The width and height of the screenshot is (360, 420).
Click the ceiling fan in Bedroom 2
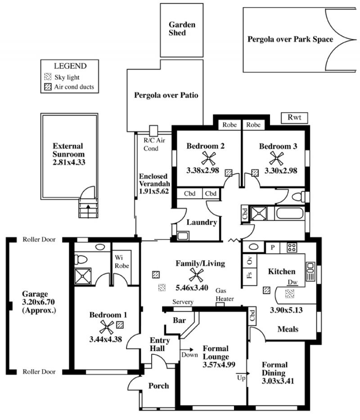pyautogui.click(x=208, y=158)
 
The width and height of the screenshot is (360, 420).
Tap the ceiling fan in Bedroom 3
pyautogui.click(x=276, y=158)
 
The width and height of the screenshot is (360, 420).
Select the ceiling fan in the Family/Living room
pyautogui.click(x=196, y=275)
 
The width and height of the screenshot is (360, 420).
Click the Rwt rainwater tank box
pyautogui.click(x=294, y=117)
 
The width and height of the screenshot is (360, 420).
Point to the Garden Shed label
pyautogui.click(x=182, y=29)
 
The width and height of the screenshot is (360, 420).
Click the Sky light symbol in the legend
pyautogui.click(x=48, y=77)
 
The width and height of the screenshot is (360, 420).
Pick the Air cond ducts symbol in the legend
pyautogui.click(x=48, y=87)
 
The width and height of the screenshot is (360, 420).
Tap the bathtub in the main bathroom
pyautogui.click(x=290, y=214)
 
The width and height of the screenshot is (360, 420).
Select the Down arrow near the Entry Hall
pyautogui.click(x=187, y=349)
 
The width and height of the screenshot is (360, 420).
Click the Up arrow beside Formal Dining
pyautogui.click(x=243, y=373)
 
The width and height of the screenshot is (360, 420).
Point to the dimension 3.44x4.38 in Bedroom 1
pyautogui.click(x=106, y=339)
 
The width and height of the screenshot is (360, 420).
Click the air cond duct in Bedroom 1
pyautogui.click(x=120, y=325)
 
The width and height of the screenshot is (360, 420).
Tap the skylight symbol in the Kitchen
pyautogui.click(x=289, y=294)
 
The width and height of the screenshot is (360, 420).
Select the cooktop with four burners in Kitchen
pyautogui.click(x=292, y=247)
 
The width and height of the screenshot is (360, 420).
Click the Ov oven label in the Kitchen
pyautogui.click(x=250, y=260)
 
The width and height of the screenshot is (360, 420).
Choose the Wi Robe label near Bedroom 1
pyautogui.click(x=121, y=262)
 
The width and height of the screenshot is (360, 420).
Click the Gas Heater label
pyautogui.click(x=225, y=295)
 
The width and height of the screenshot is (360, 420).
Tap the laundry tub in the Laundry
pyautogui.click(x=183, y=236)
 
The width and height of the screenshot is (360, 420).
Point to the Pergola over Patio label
pyautogui.click(x=166, y=95)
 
